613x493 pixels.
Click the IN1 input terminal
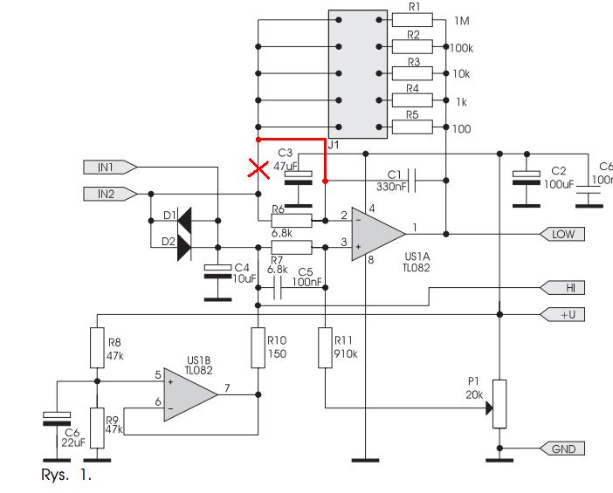click(110, 168)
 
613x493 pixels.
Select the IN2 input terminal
click(110, 194)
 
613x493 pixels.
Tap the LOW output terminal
click(562, 234)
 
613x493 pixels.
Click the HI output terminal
click(562, 288)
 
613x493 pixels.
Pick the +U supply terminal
click(562, 314)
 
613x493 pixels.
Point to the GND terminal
click(562, 448)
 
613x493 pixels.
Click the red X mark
click(258, 169)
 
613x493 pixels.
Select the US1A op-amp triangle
click(378, 234)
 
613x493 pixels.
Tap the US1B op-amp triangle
click(190, 394)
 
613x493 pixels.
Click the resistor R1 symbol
click(412, 20)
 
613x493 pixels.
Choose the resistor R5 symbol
click(412, 127)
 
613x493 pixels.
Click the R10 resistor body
click(258, 348)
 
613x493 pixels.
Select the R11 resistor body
click(325, 348)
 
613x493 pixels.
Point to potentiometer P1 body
click(499, 404)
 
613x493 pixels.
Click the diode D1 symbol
click(184, 221)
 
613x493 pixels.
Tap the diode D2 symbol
click(184, 247)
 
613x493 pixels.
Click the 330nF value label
click(389, 187)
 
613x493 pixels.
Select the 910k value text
click(346, 354)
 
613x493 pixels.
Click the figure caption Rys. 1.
click(66, 475)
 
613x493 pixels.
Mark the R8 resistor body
click(97, 348)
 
